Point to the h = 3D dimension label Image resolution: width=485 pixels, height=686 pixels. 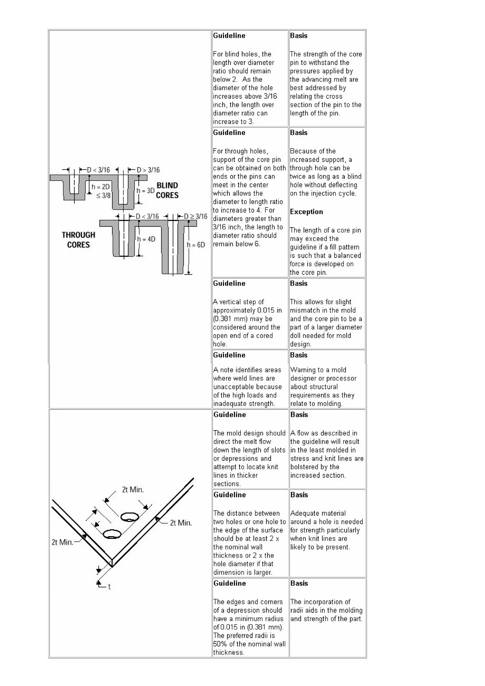(146, 191)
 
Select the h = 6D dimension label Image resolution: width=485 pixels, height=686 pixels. (196, 245)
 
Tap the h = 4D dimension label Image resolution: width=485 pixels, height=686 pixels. (146, 239)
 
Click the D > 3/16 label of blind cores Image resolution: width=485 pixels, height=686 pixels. (148, 170)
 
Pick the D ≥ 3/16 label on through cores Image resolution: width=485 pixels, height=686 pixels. (195, 216)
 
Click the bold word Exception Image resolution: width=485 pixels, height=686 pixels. (306, 212)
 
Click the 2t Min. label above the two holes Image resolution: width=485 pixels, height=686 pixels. (133, 489)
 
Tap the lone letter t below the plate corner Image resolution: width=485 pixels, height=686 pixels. (109, 587)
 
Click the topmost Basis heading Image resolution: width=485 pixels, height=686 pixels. (299, 36)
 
